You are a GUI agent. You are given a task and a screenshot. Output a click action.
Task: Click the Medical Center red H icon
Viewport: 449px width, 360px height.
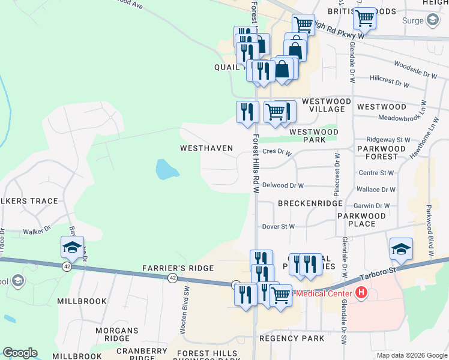tap(361, 293)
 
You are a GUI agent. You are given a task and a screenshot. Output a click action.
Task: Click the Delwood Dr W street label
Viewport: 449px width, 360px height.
tap(283, 186)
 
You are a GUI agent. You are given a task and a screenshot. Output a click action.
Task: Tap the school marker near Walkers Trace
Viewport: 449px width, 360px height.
tap(71, 247)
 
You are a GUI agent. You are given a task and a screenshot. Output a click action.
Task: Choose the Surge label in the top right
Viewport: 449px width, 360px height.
tap(414, 21)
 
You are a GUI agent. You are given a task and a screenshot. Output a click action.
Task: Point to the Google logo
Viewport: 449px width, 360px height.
tap(20, 353)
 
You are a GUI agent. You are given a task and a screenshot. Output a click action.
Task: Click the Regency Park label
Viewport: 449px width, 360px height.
tap(292, 338)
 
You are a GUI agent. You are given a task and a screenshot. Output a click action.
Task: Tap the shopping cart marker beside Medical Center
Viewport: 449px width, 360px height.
tap(280, 295)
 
